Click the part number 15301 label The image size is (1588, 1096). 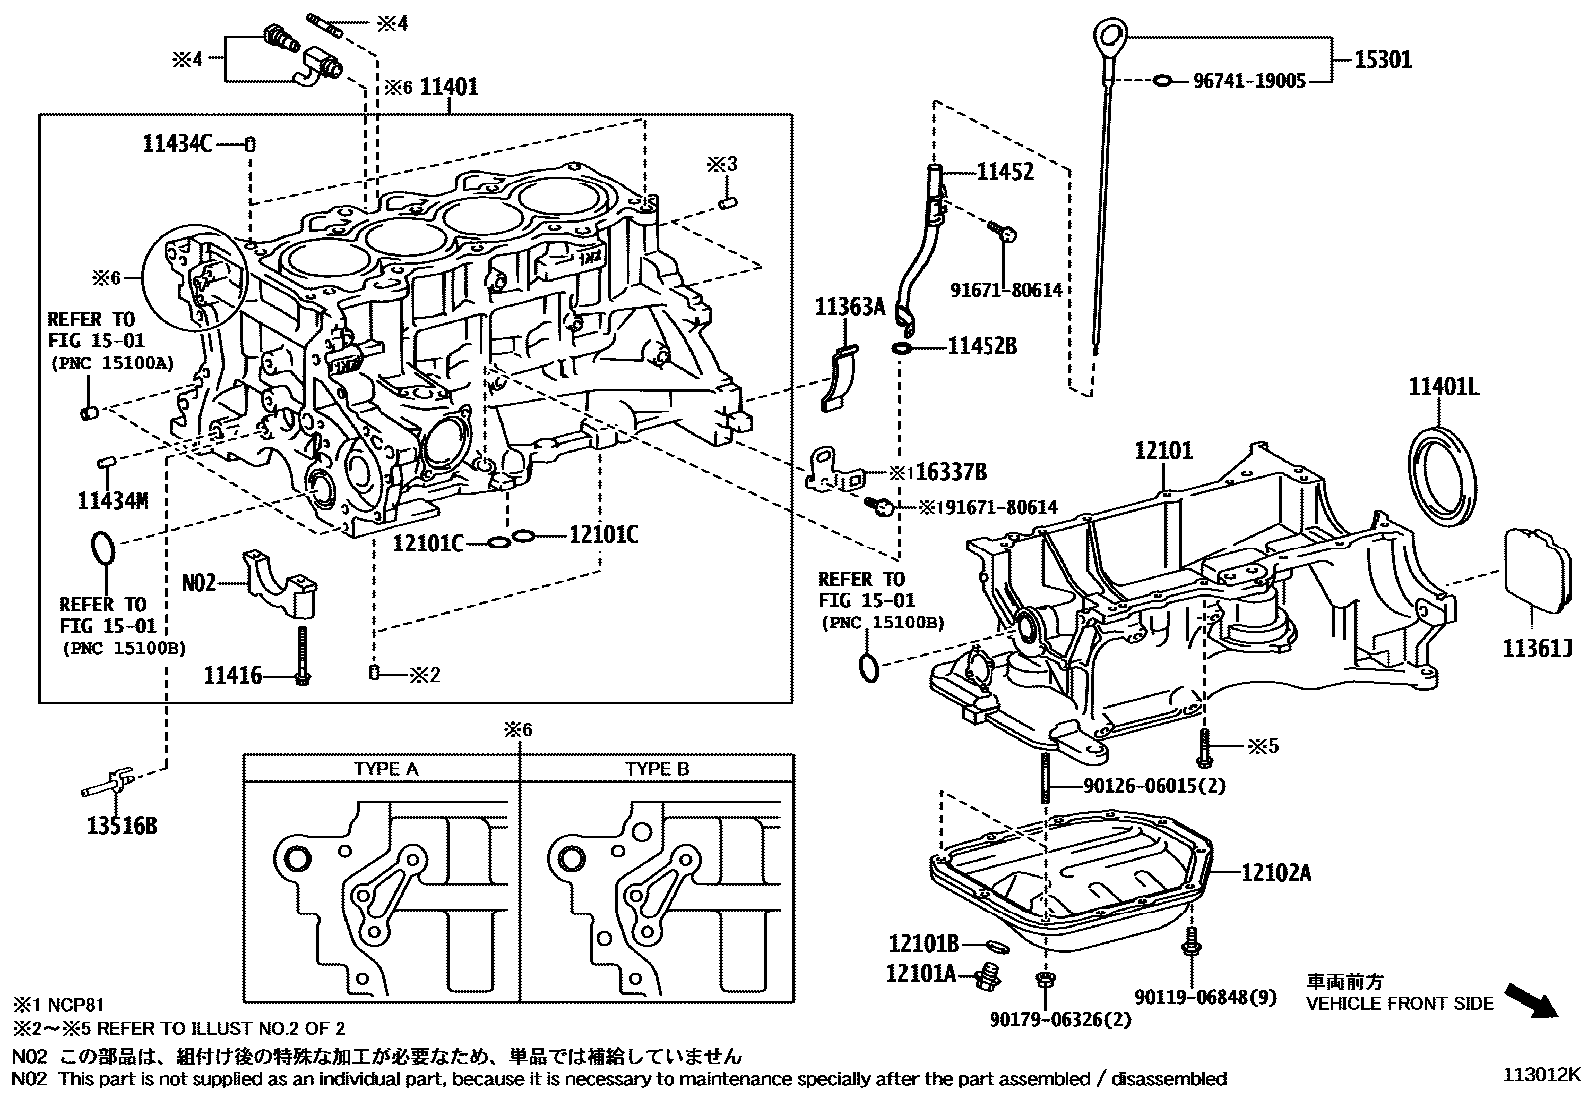[1383, 59]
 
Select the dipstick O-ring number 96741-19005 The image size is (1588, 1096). [1249, 81]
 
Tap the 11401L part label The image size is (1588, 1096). [1443, 386]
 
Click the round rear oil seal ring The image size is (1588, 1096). [1441, 471]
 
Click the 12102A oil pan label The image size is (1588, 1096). [1277, 872]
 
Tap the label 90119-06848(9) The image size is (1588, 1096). [1205, 997]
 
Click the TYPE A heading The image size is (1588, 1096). [386, 769]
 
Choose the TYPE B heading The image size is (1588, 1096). [657, 769]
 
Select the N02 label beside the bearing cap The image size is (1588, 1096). [198, 581]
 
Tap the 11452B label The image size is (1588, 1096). [982, 346]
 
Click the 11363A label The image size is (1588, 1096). [850, 307]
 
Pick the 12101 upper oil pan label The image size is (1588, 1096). [1163, 451]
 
